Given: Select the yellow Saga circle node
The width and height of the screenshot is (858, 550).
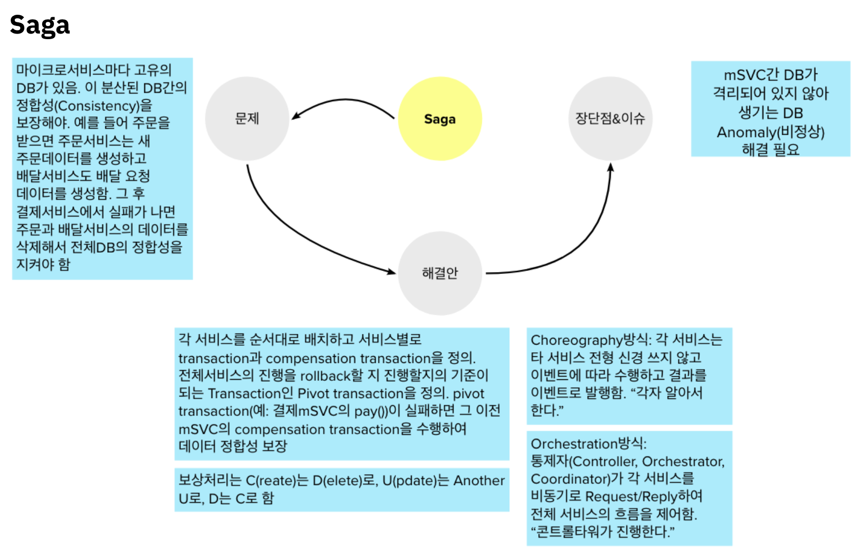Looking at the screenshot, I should tap(440, 119).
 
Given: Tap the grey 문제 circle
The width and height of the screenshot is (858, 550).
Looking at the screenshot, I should tap(247, 119).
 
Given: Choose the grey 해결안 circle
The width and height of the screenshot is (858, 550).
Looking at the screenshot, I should tap(440, 273).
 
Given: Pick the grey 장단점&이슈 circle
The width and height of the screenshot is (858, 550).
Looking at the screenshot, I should tap(610, 119).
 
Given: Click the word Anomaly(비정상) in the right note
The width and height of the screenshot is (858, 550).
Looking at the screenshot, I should tap(771, 132).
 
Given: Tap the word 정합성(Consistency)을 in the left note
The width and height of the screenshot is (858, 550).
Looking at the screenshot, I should tap(84, 106).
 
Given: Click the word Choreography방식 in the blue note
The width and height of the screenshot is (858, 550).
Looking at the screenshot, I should tap(590, 340).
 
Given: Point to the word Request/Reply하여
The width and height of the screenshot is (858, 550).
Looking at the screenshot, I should tap(644, 496).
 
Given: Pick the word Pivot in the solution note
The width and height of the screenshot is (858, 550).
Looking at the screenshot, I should tap(313, 393).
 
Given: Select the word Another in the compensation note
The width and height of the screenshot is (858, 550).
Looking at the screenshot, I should tap(479, 480).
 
